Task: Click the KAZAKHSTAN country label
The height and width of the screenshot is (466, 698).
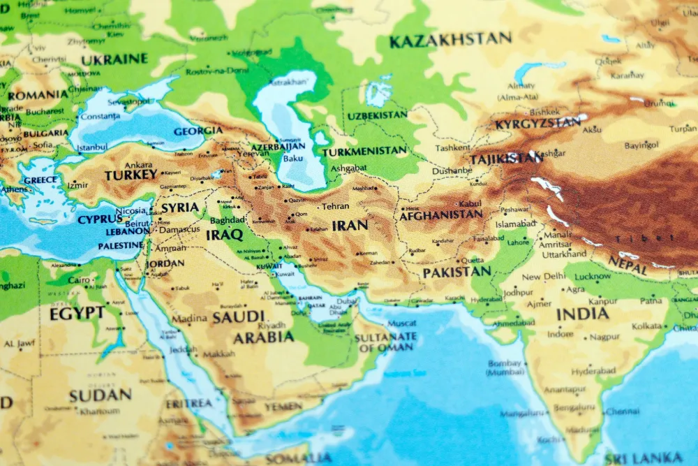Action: click(x=450, y=41)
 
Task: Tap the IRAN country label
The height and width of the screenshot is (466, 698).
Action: click(x=350, y=225)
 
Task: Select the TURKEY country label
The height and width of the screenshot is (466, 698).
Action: click(x=131, y=176)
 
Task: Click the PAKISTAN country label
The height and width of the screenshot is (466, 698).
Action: click(x=456, y=272)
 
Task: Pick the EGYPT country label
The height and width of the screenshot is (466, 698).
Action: click(x=77, y=314)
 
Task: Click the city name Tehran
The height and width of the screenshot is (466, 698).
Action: click(x=335, y=206)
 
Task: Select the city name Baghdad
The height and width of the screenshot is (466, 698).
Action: click(x=228, y=220)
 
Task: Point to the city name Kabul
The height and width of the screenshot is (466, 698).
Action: click(x=470, y=203)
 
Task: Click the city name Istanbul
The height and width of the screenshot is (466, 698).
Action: click(x=92, y=147)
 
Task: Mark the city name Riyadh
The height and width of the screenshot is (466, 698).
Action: click(x=272, y=326)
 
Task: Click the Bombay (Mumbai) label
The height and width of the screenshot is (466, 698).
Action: click(x=505, y=367)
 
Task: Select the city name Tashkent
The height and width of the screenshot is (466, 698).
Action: click(x=452, y=148)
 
